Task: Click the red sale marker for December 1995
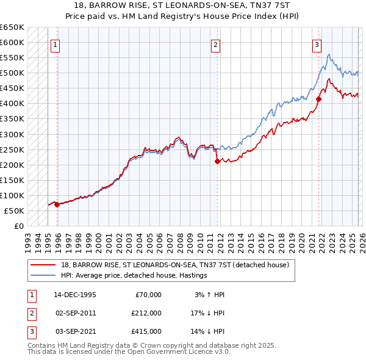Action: pos(57,205)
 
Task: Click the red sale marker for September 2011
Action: pos(217,162)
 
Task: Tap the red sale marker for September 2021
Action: pos(318,99)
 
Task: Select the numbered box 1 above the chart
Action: pos(56,44)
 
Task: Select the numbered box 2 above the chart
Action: pos(216,44)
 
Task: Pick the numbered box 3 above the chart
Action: pos(317,44)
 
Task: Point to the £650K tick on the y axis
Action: pos(12,27)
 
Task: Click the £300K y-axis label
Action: pos(12,134)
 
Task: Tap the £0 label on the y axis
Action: pos(18,226)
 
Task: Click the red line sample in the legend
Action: pos(44,265)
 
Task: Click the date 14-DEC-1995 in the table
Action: pos(75,295)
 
